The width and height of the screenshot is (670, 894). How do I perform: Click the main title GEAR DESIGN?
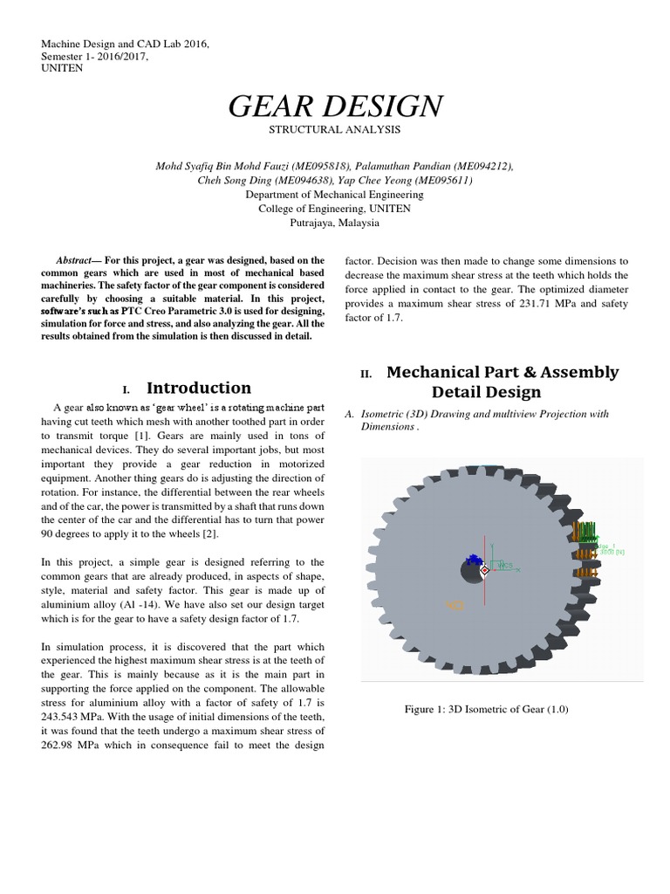tap(335, 106)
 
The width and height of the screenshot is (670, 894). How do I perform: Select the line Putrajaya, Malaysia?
tap(335, 223)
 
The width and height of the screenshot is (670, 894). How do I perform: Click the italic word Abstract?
tap(72, 261)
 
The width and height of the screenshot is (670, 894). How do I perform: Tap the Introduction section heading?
tap(198, 388)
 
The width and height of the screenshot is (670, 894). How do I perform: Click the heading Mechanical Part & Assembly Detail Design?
tap(502, 382)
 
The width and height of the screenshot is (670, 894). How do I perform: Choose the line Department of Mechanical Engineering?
tap(335, 195)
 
